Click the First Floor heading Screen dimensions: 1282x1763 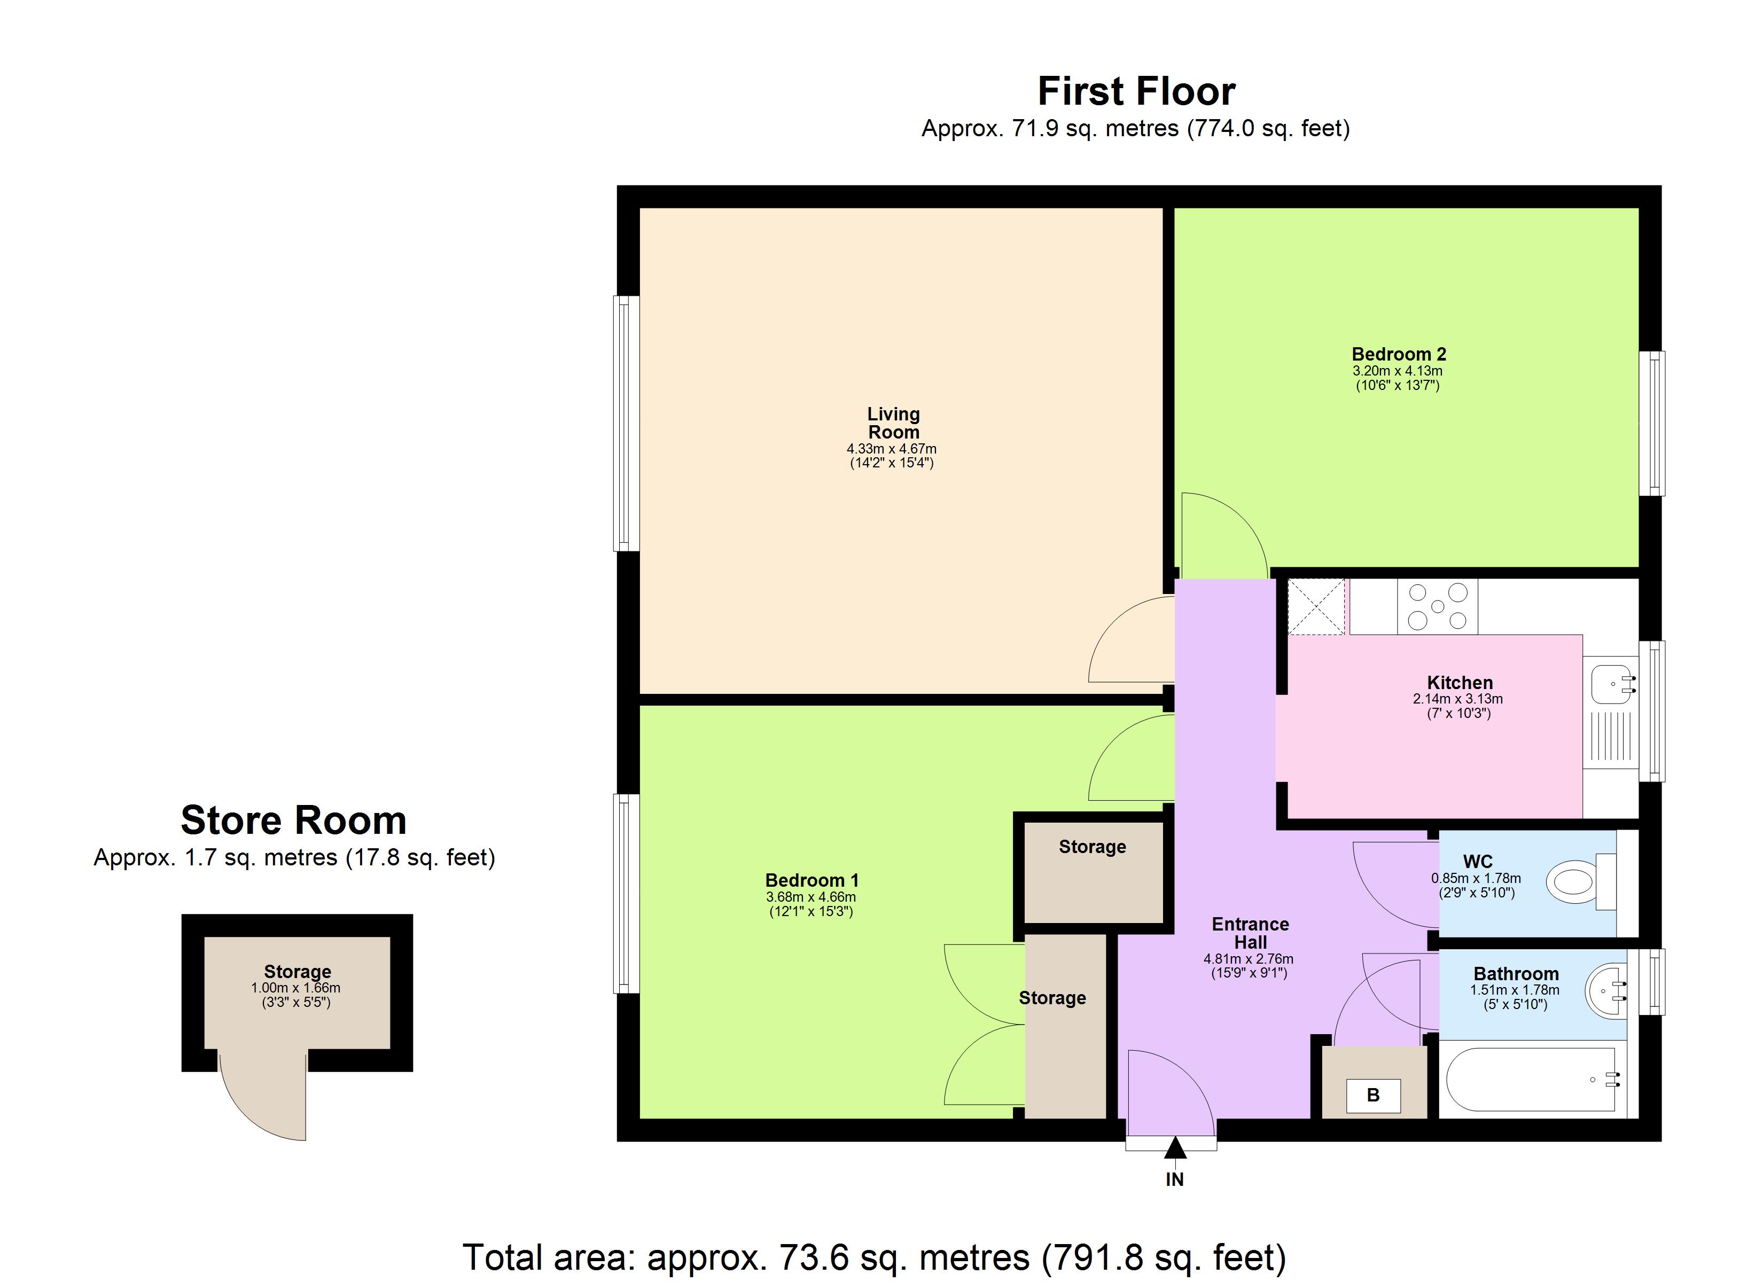pos(1136,92)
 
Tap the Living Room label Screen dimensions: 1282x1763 pos(893,423)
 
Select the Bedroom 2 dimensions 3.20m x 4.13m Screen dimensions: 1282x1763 pos(1397,371)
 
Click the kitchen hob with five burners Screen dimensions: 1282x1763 pos(1437,606)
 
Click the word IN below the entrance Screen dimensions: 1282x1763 pos(1175,1180)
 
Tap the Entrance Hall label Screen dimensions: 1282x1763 pos(1250,933)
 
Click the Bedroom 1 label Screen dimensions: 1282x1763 pos(812,880)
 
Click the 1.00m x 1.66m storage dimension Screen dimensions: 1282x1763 pos(295,988)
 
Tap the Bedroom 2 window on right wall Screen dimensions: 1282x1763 pos(1652,423)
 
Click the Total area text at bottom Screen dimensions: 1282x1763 pos(875,1256)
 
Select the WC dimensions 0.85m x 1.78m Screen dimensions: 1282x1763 pos(1476,879)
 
